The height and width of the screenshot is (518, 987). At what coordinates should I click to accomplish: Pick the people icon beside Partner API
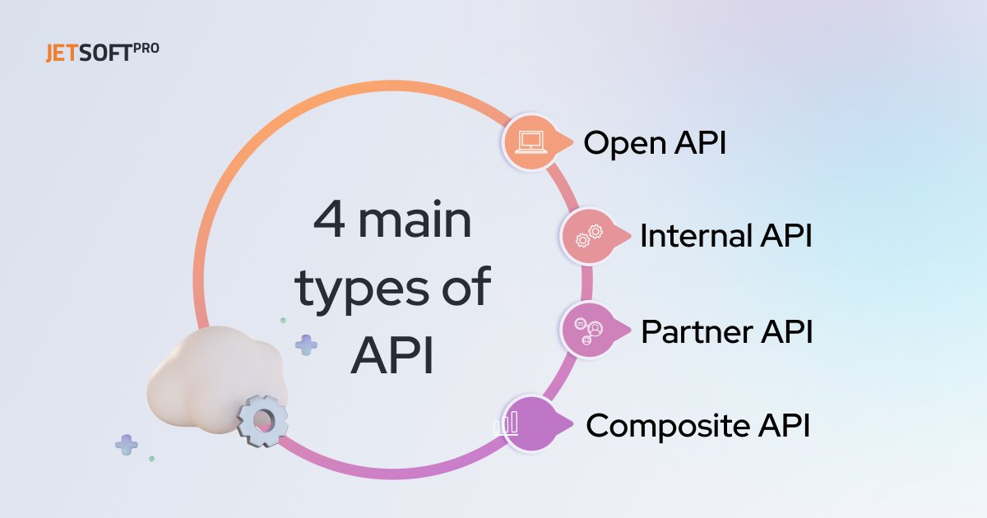tap(589, 330)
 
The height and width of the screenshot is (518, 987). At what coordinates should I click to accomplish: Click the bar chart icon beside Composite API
tap(507, 424)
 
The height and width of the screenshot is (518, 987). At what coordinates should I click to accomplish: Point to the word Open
tap(622, 144)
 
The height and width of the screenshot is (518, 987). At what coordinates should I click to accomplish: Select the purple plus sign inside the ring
tap(307, 345)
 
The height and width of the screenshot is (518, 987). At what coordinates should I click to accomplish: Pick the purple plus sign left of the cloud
tap(126, 445)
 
